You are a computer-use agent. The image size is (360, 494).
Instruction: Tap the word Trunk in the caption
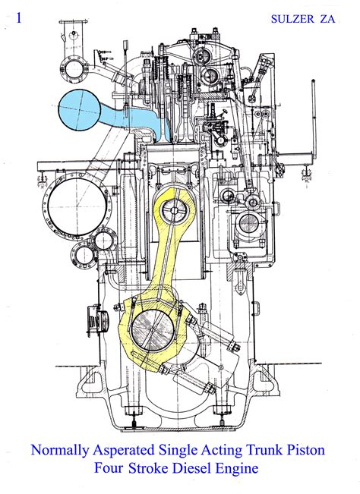point(267,451)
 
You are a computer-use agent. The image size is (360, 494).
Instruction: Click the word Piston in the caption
point(307,451)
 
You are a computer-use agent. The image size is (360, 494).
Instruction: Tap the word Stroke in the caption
point(153,469)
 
